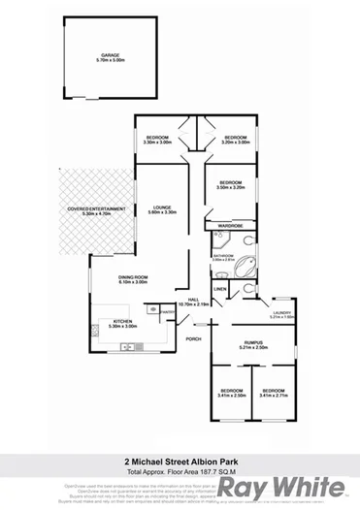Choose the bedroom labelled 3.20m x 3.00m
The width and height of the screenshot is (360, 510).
click(234, 140)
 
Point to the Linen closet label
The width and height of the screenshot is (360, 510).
click(220, 288)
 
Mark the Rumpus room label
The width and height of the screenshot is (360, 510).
click(254, 344)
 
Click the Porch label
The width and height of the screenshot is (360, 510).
click(193, 338)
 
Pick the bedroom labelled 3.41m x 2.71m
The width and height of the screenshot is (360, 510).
click(276, 394)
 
